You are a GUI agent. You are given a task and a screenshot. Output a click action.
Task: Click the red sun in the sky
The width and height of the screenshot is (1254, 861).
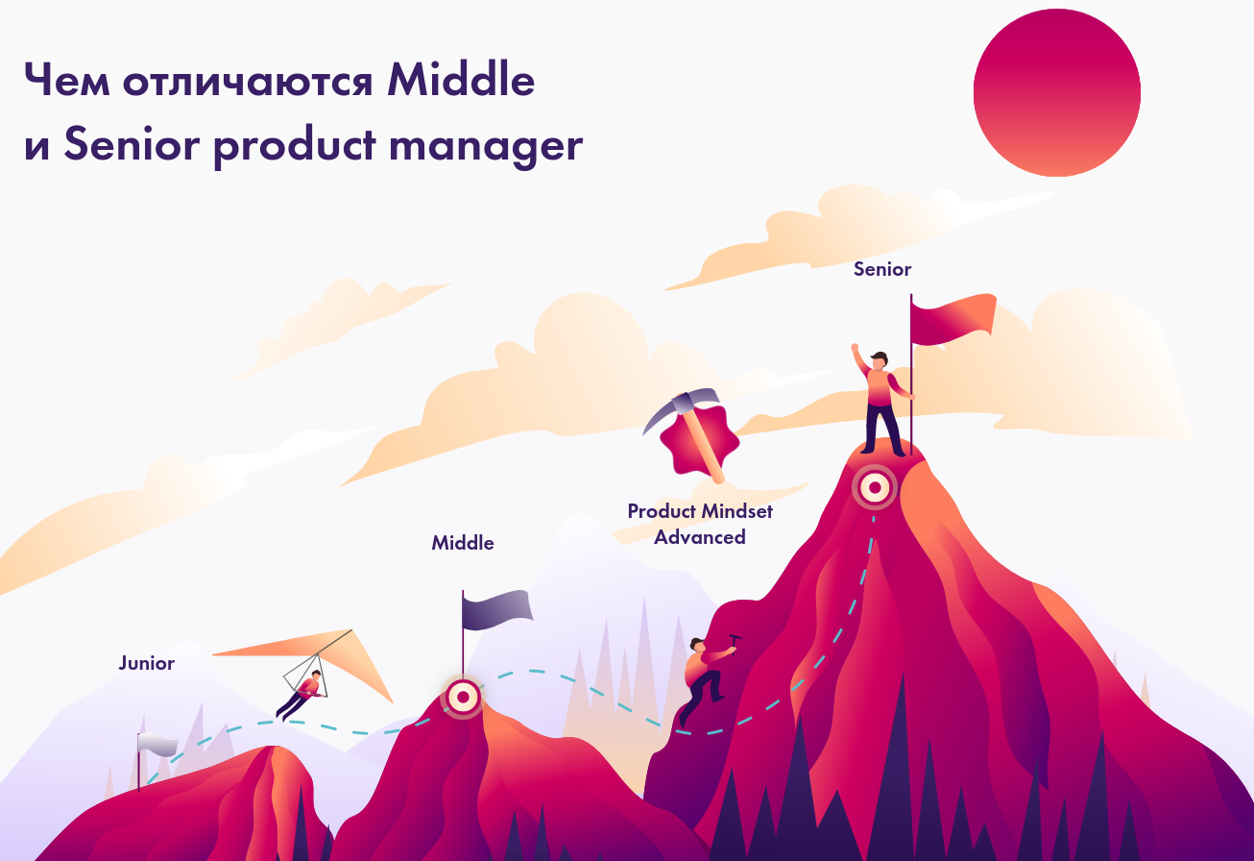pos(1057,92)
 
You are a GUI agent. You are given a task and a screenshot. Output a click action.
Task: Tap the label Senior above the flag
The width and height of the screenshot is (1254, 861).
pos(882,269)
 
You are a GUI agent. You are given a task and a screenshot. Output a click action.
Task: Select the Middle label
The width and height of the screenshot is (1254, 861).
pos(463,543)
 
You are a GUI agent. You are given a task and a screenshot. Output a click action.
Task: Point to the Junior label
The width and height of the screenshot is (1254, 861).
pos(147,664)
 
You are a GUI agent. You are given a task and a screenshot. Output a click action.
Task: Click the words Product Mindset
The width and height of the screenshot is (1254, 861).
pos(700,511)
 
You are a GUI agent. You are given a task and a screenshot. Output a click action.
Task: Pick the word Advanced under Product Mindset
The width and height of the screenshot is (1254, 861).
pos(700,537)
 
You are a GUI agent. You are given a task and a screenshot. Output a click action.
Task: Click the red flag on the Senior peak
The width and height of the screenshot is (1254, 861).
pos(953,319)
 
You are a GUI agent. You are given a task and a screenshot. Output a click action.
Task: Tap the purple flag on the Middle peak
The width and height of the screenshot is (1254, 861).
pos(496,609)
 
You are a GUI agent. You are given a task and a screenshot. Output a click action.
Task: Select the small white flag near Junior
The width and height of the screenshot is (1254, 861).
pos(157,745)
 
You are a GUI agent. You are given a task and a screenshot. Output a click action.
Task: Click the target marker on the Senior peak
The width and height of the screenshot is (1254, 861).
pos(875,487)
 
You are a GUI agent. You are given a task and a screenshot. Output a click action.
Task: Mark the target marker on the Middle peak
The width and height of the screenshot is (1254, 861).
pos(463,698)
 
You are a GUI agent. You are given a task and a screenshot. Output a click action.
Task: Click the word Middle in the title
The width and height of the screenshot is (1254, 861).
pos(461,80)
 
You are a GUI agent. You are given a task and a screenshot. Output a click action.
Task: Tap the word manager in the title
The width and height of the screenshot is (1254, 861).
pos(486,145)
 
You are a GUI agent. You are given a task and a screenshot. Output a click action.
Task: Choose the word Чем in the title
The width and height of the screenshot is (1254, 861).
pos(66,80)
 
